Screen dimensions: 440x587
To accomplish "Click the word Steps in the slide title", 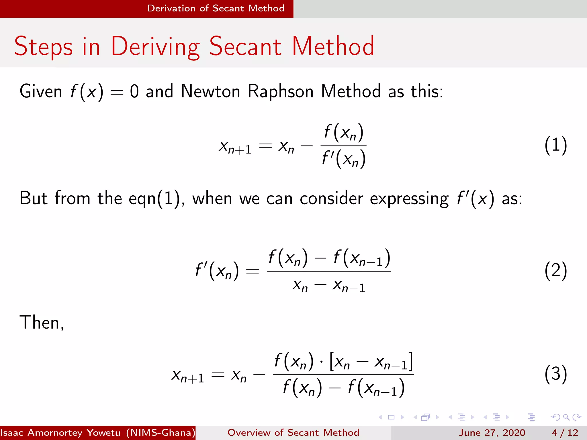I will [x=43, y=46].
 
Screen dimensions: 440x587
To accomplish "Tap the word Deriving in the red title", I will [x=155, y=46].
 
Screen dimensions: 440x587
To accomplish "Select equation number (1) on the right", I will [x=555, y=145].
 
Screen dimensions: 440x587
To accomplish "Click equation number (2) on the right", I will [x=555, y=271].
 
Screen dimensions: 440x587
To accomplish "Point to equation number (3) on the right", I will [x=555, y=374].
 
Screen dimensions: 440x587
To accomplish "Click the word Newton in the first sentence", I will [x=210, y=92].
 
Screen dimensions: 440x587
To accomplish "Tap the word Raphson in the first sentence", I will [x=280, y=92].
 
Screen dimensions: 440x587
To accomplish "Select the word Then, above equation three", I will [x=42, y=323].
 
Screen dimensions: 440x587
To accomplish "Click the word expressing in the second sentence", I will [x=409, y=199].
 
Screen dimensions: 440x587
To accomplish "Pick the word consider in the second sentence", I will [x=331, y=199].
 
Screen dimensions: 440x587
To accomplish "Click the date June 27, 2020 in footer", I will [x=492, y=433].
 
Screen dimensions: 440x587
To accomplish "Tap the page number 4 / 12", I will [x=565, y=433].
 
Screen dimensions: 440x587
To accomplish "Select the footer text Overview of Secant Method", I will [x=293, y=433].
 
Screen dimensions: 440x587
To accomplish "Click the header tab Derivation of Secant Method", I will [x=216, y=8].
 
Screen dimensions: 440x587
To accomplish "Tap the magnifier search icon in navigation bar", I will [x=566, y=417].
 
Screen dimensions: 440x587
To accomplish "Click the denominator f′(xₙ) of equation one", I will [x=343, y=159].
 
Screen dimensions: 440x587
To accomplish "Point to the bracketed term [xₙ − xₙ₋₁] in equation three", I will [x=371, y=362].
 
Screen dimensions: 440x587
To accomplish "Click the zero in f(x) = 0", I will [x=134, y=92].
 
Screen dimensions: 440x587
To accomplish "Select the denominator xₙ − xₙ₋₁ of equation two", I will [x=329, y=286].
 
